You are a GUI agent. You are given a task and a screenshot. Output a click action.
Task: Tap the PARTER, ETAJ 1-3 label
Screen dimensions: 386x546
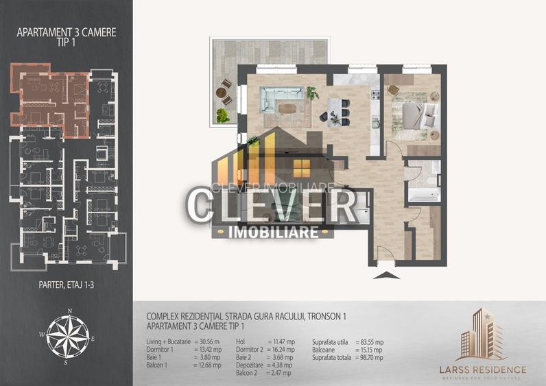[66, 280]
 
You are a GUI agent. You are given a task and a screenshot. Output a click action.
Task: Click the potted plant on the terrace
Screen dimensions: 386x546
[223, 116]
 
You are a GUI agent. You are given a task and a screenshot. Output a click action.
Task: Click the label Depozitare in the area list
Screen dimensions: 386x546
[250, 365]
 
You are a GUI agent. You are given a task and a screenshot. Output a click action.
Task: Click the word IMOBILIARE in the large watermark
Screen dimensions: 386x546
[272, 232]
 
